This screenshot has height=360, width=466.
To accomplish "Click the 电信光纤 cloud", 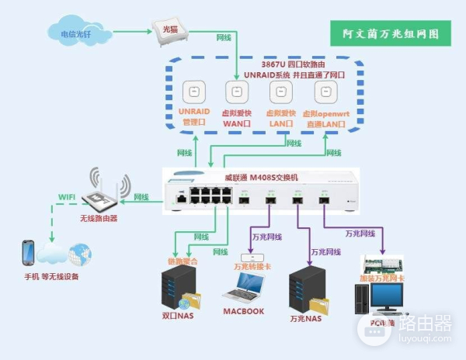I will pos(75,33).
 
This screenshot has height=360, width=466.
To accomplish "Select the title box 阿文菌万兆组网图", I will pos(391,33).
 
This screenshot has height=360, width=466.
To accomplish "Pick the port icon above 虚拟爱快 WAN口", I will pos(236,92).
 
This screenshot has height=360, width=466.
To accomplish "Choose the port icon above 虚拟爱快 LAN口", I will pos(280,92).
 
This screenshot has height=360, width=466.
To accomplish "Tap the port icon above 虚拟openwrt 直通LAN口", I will pos(325,92).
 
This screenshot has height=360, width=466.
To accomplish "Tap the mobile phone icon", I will pos(28,253).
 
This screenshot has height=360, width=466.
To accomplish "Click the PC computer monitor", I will pos(386,297).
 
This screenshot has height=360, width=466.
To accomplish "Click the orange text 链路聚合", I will pos(183,261).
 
